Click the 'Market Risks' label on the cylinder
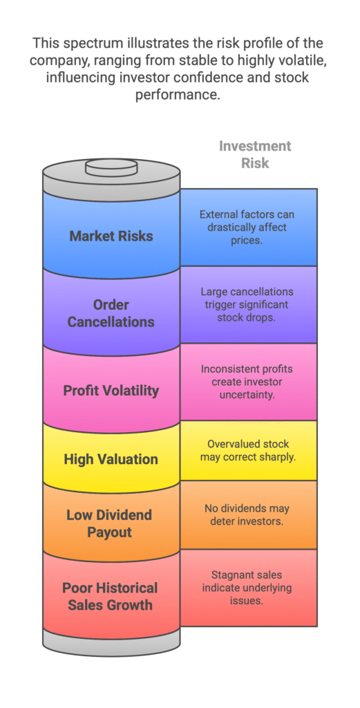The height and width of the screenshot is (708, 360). [111, 236]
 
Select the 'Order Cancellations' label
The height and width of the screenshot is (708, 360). [111, 313]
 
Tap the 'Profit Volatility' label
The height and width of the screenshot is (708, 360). [111, 391]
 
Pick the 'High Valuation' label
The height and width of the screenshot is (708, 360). [111, 459]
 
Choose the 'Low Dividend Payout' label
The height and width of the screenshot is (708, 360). [109, 523]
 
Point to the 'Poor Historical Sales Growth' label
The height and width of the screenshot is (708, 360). [110, 596]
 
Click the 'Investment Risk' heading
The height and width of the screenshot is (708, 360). [255, 154]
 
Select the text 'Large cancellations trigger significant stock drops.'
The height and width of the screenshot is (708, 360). [247, 304]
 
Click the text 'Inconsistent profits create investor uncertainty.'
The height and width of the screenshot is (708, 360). [247, 382]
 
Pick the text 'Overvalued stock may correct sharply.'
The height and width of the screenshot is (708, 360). [248, 450]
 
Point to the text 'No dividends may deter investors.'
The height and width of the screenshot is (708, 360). [246, 514]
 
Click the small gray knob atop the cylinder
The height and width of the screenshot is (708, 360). [111, 168]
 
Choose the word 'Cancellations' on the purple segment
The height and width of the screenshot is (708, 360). [111, 322]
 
